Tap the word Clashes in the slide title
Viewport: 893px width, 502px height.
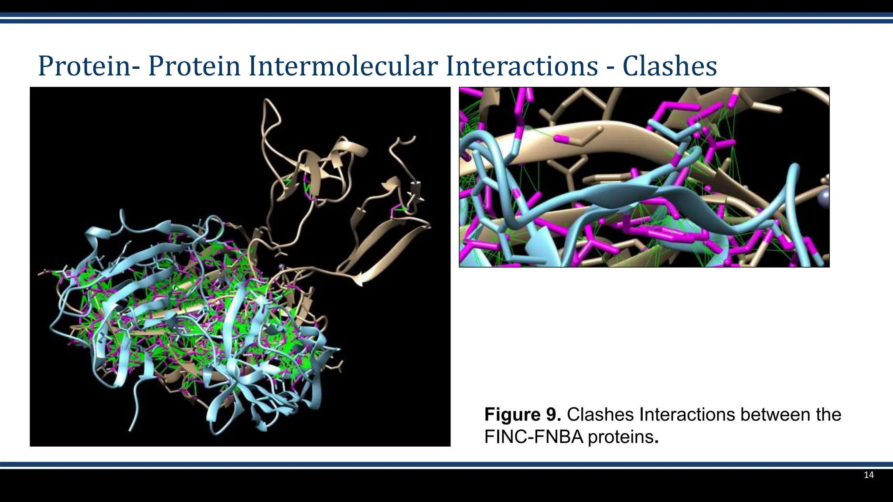pos(669,66)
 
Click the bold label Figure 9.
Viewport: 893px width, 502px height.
pos(522,414)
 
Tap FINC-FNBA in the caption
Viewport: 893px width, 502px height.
pos(533,437)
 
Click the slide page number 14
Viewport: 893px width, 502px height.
pos(869,475)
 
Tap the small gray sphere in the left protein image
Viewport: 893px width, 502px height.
pos(281,266)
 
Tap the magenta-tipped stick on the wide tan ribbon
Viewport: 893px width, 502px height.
pos(562,139)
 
